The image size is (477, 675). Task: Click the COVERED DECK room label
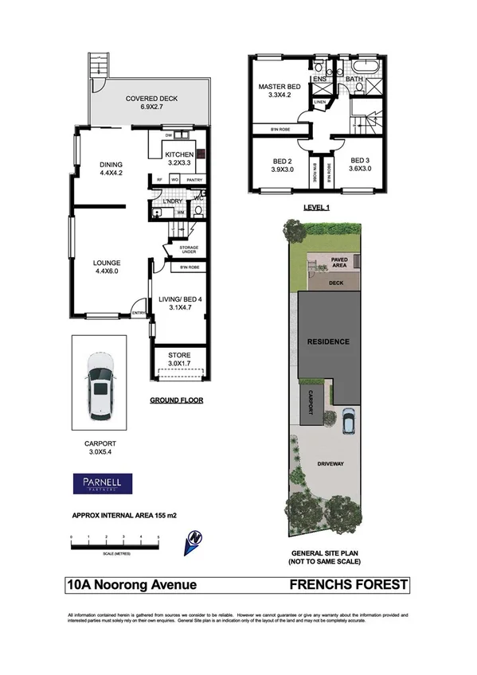pyautogui.click(x=151, y=99)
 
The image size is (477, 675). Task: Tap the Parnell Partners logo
pyautogui.click(x=103, y=482)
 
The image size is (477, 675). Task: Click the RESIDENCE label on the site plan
pyautogui.click(x=329, y=341)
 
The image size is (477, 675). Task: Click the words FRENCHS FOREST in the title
pyautogui.click(x=349, y=585)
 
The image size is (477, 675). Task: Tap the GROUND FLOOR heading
pyautogui.click(x=176, y=400)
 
